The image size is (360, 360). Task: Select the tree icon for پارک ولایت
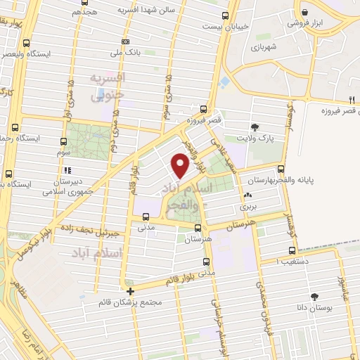(x=255, y=127)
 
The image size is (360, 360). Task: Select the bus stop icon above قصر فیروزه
(x=204, y=109)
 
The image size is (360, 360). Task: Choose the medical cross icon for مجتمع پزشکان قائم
(x=130, y=291)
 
